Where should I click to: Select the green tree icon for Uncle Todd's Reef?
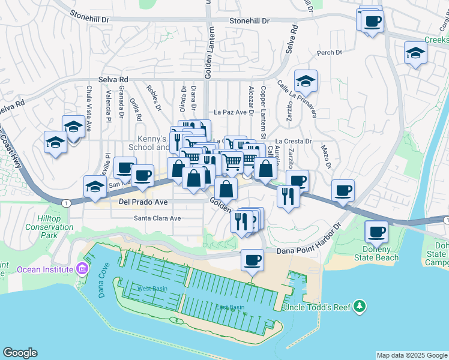click(x=360, y=307)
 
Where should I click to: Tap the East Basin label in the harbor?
click(x=230, y=307)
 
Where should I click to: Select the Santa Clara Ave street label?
click(x=157, y=218)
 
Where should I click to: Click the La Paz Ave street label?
click(x=231, y=112)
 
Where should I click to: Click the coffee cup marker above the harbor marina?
click(x=252, y=260)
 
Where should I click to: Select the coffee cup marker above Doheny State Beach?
click(x=377, y=231)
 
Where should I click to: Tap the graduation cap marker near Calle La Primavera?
click(x=306, y=81)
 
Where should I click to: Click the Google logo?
click(x=20, y=353)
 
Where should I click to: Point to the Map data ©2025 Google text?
click(x=411, y=355)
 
